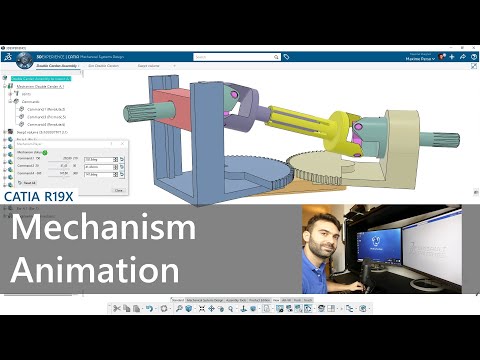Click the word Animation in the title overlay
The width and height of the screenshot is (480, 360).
coord(96,270)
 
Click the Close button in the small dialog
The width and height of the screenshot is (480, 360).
coord(119,188)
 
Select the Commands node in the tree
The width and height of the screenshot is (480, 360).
coord(30,100)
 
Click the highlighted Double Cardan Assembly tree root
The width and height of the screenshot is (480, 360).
coord(45,78)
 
